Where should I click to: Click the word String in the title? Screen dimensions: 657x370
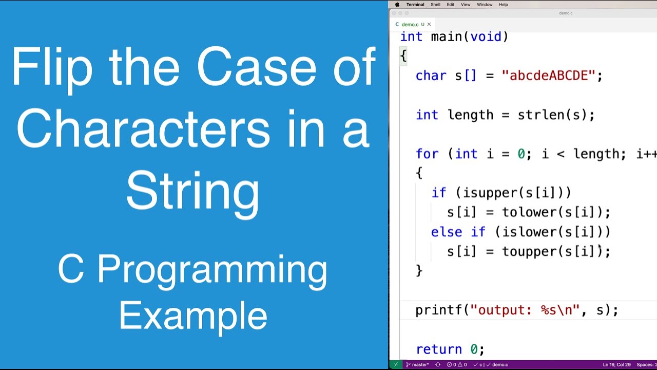[x=192, y=192]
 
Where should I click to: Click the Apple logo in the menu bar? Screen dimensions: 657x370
[x=397, y=5]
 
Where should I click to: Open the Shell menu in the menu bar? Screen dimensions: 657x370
[x=435, y=5]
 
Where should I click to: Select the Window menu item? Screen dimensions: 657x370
[x=485, y=5]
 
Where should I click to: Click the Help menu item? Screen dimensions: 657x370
[x=504, y=5]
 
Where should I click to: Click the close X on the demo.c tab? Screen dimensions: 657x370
[x=429, y=24]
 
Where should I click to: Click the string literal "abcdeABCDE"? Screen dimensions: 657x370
[x=548, y=76]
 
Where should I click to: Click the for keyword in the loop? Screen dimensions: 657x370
[x=427, y=154]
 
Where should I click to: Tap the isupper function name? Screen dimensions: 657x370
[x=490, y=193]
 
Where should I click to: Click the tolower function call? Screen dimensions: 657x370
[x=529, y=212]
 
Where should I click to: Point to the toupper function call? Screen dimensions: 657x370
[x=529, y=251]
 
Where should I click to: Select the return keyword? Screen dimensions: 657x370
[x=439, y=349]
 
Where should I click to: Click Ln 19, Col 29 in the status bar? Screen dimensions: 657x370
[x=616, y=365]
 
